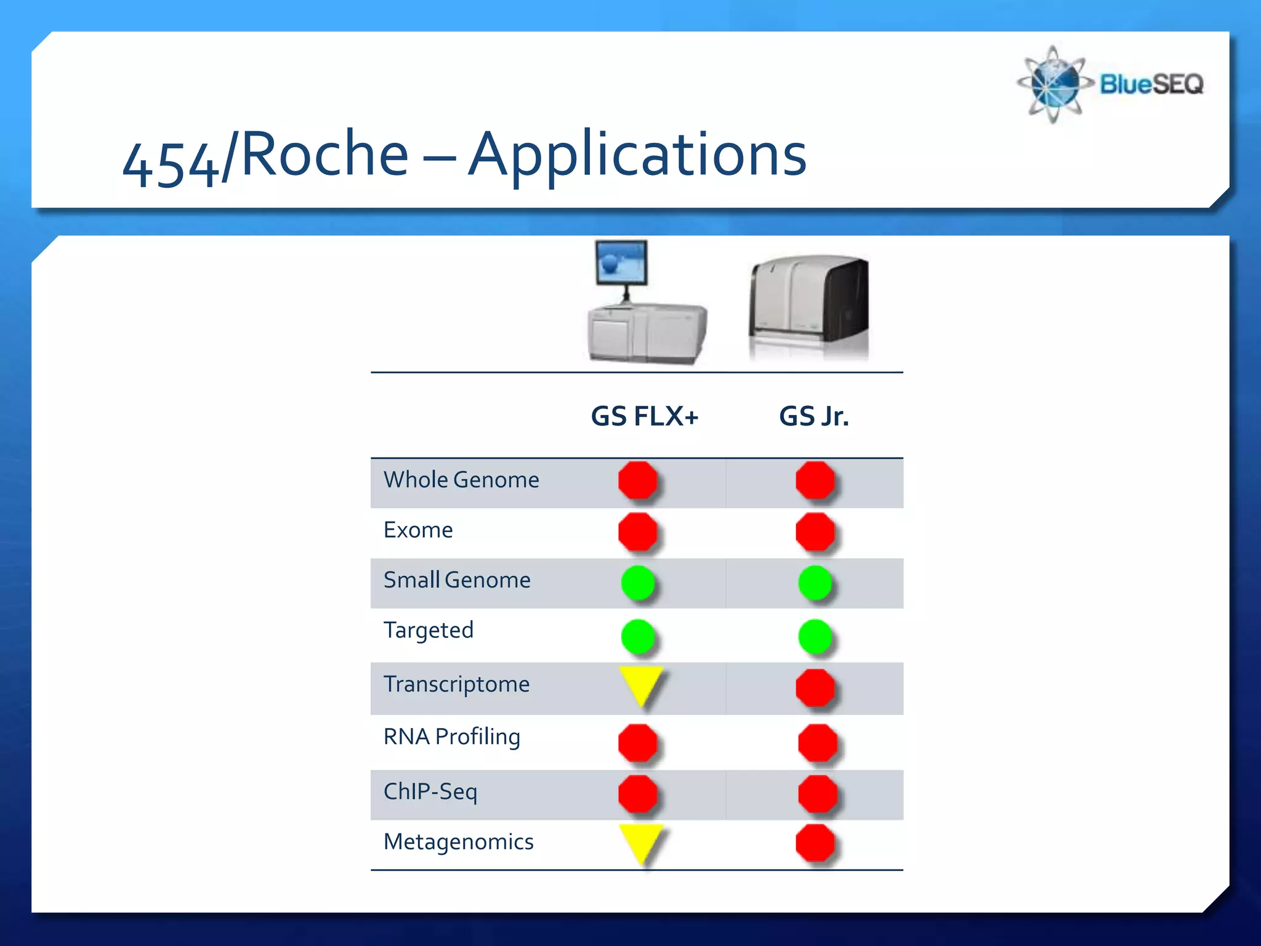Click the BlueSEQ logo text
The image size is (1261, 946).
tap(1151, 84)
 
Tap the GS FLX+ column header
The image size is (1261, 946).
tap(644, 416)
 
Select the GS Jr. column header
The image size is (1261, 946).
tap(813, 416)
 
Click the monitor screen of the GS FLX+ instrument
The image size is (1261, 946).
tap(621, 261)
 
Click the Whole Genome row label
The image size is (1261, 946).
tap(461, 480)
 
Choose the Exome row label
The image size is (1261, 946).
tap(418, 530)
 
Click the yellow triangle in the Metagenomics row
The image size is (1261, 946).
tap(641, 840)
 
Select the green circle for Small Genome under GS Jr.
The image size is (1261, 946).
tap(815, 583)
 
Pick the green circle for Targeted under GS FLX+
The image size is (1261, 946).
tap(638, 636)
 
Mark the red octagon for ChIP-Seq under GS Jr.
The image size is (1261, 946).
tap(817, 794)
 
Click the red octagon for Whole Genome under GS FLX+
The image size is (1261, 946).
tap(638, 480)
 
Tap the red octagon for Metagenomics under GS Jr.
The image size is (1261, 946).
tap(815, 843)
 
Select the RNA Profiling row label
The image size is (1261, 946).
tap(451, 737)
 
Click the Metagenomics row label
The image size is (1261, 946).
tap(458, 841)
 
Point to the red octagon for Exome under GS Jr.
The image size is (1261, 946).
tap(815, 532)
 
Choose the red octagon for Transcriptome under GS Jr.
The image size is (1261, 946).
tap(815, 687)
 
